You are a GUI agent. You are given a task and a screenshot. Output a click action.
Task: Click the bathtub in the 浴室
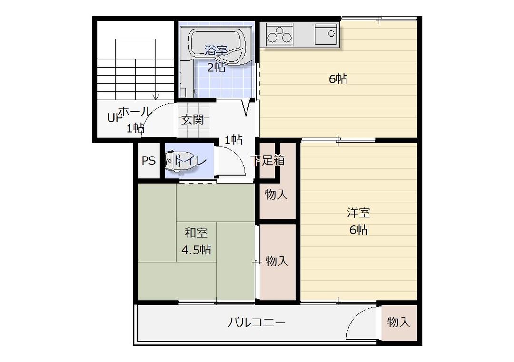217,47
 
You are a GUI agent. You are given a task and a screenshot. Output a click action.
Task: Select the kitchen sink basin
326,33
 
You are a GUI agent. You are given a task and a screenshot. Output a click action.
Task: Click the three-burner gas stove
279,34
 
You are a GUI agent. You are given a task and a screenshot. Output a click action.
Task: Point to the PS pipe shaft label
148,160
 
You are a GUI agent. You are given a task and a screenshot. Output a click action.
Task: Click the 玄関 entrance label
193,119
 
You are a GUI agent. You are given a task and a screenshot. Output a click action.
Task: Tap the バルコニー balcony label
257,323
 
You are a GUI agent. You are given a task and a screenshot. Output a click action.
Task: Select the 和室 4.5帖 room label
196,242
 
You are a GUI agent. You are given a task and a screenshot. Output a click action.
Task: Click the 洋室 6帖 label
358,221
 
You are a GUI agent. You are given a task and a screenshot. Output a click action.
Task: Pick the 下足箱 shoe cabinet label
267,160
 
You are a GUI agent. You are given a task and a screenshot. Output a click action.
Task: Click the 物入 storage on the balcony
399,322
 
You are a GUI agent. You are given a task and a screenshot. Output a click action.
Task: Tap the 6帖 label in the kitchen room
338,79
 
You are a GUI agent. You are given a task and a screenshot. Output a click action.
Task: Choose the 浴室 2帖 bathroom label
217,59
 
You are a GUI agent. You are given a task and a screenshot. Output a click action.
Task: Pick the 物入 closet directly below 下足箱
276,195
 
